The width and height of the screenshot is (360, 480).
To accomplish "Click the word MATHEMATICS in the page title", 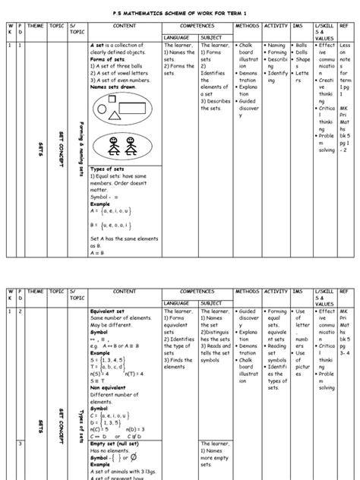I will coord(156,13).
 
